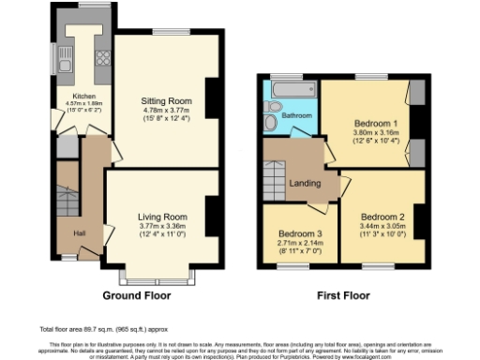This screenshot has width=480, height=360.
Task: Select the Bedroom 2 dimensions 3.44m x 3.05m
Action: [383, 226]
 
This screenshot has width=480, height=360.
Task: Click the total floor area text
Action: [103, 330]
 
